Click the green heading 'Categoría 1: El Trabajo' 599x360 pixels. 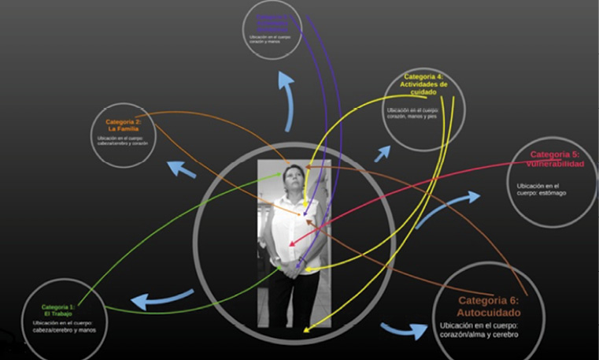pos(57,310)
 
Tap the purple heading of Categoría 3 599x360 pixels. pos(272,23)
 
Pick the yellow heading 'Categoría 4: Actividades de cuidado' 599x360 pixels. pos(423,84)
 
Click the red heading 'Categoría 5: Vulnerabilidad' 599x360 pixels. pos(555,159)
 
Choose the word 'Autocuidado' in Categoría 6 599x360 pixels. pos(489,312)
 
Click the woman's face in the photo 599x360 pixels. pos(293,177)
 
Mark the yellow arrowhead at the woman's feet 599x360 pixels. pos(307,330)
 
